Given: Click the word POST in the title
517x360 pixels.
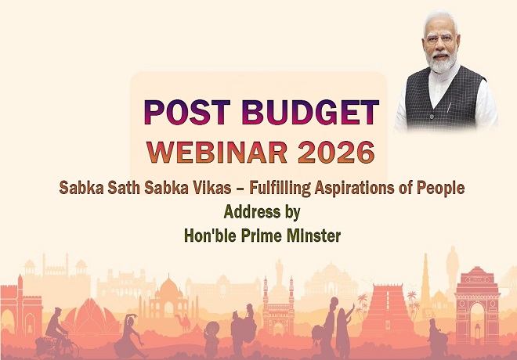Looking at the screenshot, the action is coord(187,112).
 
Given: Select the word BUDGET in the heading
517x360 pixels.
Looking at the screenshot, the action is coord(310,112).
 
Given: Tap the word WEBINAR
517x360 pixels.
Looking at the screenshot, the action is coord(217,152).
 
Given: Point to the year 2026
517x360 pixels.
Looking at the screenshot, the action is coord(336,152).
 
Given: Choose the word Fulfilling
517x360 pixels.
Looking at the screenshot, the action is coord(280,189).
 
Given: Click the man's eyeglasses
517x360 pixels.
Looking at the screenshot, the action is coord(440,39).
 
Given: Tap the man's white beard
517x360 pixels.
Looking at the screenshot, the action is coord(441,62).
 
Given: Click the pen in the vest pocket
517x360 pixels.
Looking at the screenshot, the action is coord(448,108).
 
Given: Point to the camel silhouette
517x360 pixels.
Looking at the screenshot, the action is coord(184,323).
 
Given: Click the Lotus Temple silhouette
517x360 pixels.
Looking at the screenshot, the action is coord(91,316).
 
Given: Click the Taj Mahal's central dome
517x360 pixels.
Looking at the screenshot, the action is coord(168,286).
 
